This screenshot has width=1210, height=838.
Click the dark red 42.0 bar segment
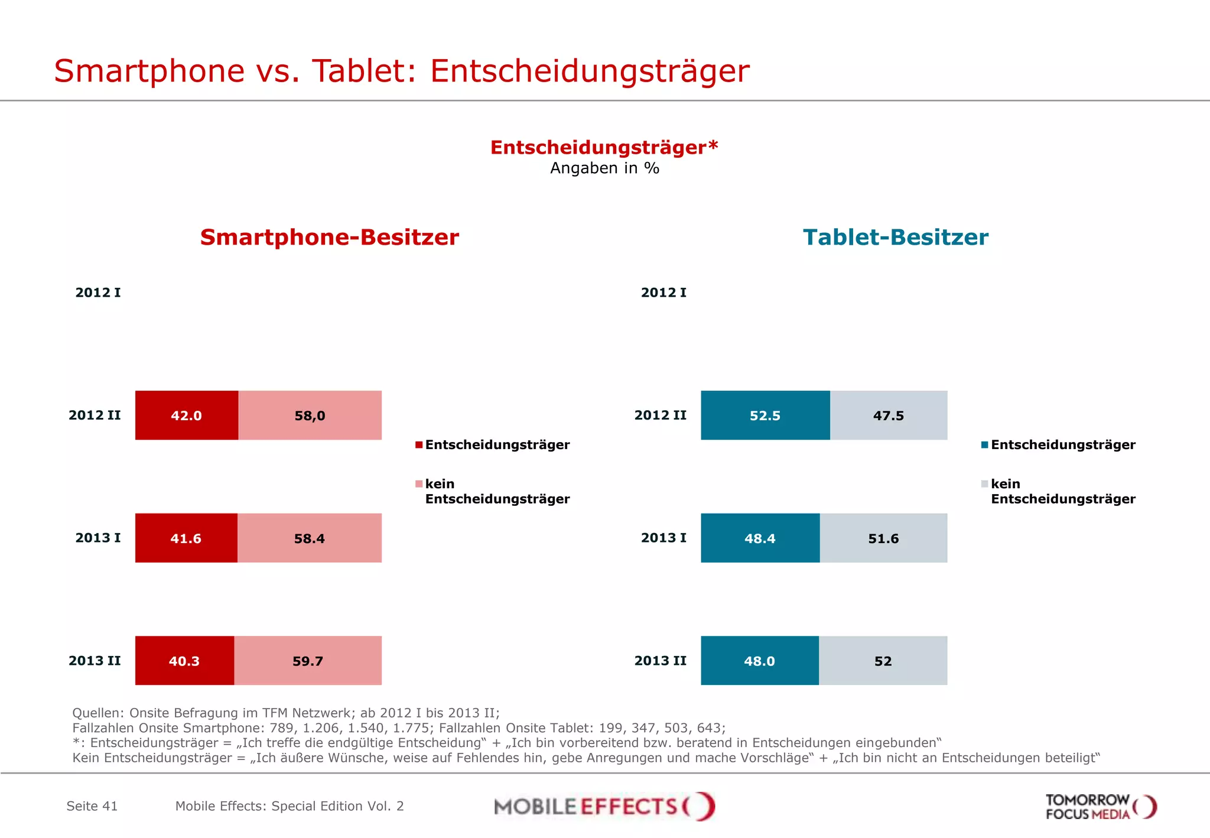pos(186,415)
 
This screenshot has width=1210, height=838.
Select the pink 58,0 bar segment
pos(310,415)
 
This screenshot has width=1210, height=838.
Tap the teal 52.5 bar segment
pos(765,415)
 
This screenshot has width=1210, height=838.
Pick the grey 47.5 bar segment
pos(888,415)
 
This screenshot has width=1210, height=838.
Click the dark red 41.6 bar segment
pos(186,538)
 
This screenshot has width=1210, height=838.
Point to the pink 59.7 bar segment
pos(307,660)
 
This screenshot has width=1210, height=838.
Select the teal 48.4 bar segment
pos(760,538)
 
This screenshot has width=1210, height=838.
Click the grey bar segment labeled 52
pos(883,660)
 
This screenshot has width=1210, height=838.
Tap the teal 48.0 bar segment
pos(759,660)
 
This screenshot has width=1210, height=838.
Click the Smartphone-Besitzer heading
pos(329,237)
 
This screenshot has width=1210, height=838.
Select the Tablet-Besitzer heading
pos(895,237)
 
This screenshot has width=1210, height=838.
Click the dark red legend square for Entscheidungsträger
pos(419,445)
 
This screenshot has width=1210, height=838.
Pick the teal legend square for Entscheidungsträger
pos(984,445)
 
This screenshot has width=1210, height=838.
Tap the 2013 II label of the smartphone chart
pos(95,660)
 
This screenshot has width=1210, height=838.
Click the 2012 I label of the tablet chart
pos(663,293)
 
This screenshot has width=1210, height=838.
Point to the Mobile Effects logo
pos(604,806)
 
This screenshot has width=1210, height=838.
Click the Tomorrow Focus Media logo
pos(1101,807)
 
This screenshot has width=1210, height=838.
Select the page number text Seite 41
pos(92,806)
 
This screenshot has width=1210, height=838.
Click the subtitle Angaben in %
pos(604,168)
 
